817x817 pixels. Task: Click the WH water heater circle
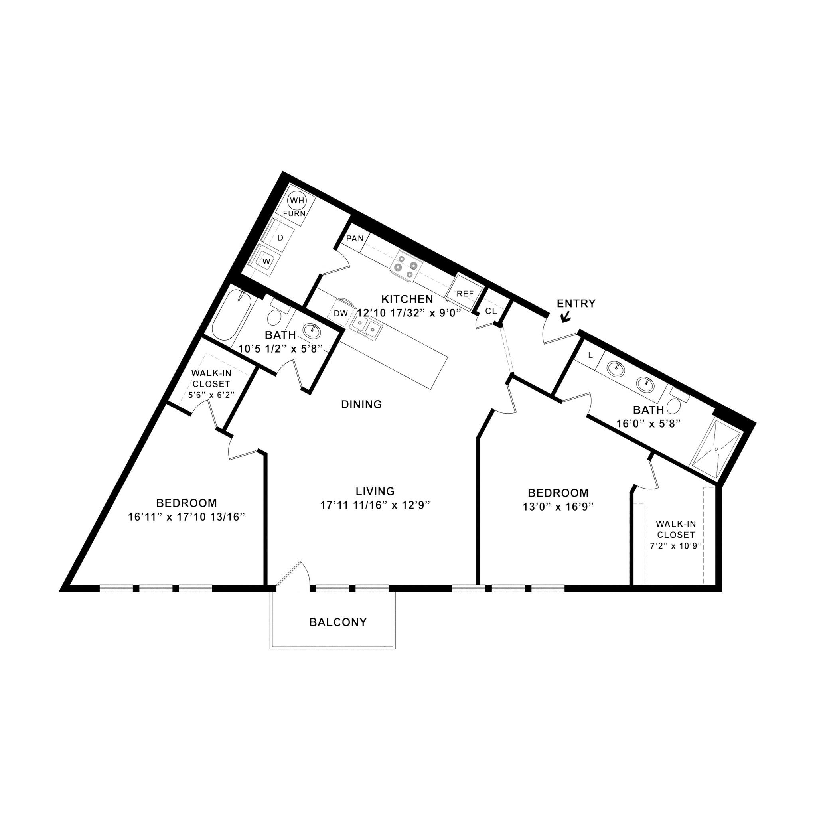297,200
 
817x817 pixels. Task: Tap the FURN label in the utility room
294,213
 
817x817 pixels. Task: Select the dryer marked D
280,238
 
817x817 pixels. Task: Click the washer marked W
266,261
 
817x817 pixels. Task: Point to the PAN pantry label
355,239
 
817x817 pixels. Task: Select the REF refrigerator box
465,294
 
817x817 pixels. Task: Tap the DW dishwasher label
341,313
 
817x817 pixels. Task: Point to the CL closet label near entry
491,311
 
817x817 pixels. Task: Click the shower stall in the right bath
716,450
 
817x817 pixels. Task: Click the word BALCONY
338,622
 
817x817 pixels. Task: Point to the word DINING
361,404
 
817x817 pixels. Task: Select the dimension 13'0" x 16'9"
558,507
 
